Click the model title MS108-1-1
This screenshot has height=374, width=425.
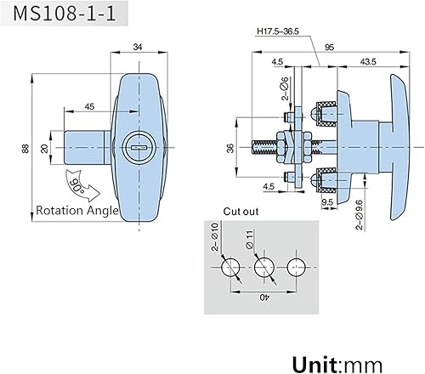click(65, 14)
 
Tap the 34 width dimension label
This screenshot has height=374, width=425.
click(138, 47)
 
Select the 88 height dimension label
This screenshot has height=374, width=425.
click(25, 149)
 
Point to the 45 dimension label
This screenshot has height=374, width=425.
click(89, 106)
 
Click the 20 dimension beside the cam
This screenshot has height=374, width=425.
click(44, 149)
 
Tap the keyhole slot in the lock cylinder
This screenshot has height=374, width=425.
click(139, 147)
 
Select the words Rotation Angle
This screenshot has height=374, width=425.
click(77, 211)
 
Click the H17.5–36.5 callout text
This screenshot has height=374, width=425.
click(278, 31)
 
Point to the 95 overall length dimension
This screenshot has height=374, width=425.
click(330, 47)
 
